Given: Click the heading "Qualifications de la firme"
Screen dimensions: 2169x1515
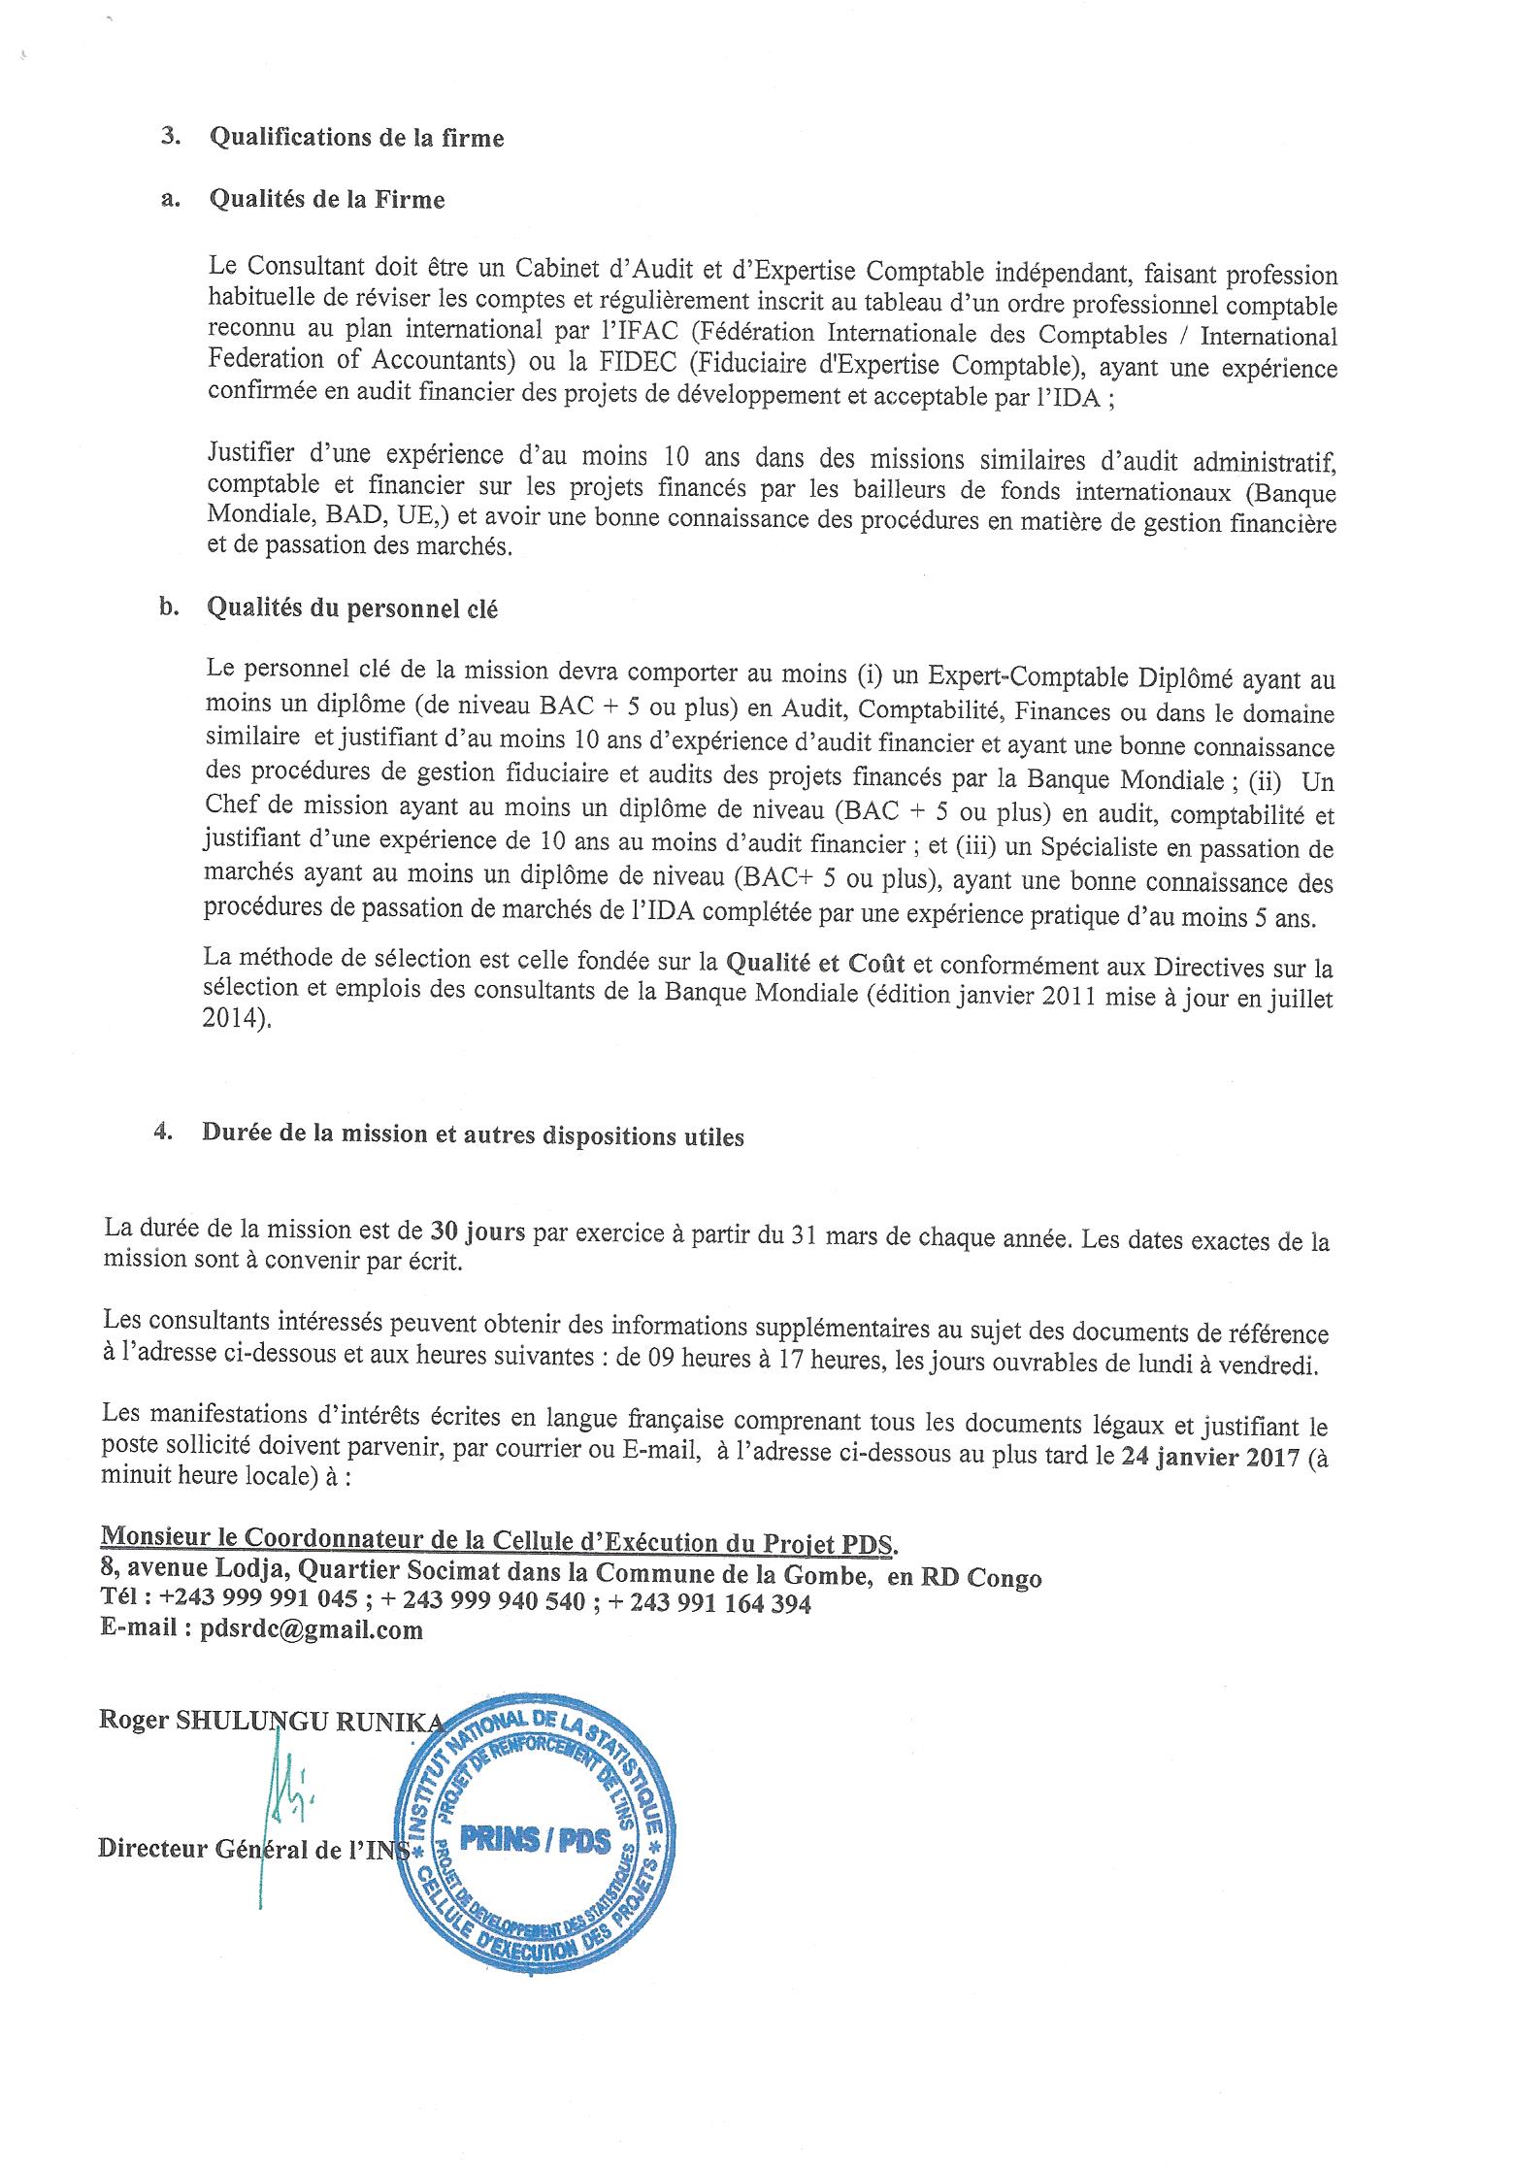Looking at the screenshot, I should pyautogui.click(x=356, y=138).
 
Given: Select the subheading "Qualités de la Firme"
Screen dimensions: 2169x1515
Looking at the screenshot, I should pyautogui.click(x=326, y=200).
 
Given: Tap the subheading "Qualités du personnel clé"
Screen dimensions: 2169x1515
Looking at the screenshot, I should pyautogui.click(x=352, y=608).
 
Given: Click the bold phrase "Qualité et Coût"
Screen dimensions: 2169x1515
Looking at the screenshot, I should pyautogui.click(x=816, y=964).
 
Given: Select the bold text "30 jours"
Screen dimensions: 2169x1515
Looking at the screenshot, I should pyautogui.click(x=478, y=1231).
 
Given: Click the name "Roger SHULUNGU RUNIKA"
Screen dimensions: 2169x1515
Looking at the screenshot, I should pyautogui.click(x=272, y=1722).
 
